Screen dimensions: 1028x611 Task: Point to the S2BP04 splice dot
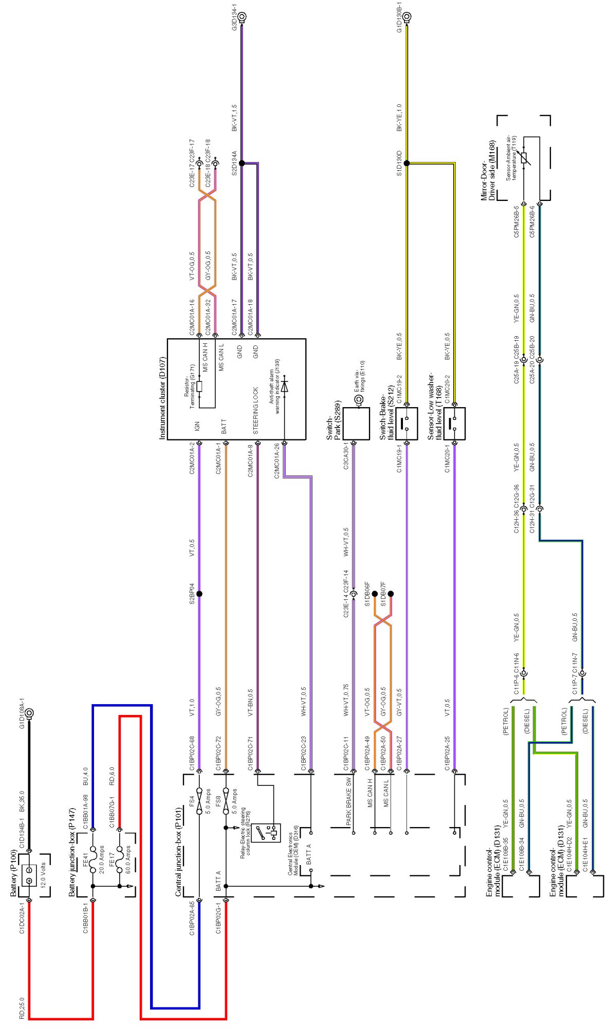(199, 594)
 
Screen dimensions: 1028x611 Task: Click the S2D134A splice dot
(242, 163)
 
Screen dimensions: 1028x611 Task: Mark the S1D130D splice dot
(406, 163)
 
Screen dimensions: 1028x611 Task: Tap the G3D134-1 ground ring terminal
(242, 16)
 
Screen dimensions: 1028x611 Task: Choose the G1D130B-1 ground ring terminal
(406, 16)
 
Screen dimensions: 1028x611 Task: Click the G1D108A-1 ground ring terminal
(29, 713)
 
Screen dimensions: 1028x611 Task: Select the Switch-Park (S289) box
(356, 424)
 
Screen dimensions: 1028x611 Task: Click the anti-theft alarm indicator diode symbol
(284, 385)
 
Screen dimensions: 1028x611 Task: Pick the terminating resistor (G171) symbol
(199, 387)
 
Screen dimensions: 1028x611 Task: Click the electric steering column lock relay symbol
(269, 832)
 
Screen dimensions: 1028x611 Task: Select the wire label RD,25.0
(22, 1008)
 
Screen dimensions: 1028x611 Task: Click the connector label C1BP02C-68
(191, 754)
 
